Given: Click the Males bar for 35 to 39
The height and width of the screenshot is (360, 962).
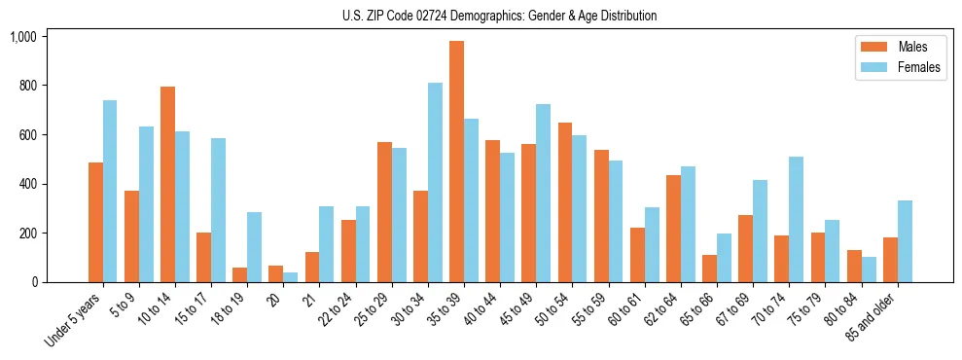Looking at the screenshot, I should [456, 162].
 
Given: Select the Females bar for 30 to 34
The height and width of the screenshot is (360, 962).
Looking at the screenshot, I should [435, 183].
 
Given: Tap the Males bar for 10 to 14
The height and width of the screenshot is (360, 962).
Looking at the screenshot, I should [167, 185].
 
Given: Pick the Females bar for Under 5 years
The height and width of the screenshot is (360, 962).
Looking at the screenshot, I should [110, 192].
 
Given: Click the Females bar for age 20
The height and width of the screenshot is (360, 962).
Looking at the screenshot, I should [291, 277].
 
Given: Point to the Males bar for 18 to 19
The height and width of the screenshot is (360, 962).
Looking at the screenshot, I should [240, 274].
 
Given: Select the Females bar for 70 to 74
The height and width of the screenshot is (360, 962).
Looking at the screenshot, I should [796, 220].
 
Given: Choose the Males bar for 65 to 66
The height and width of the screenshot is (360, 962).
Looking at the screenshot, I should [709, 269].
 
